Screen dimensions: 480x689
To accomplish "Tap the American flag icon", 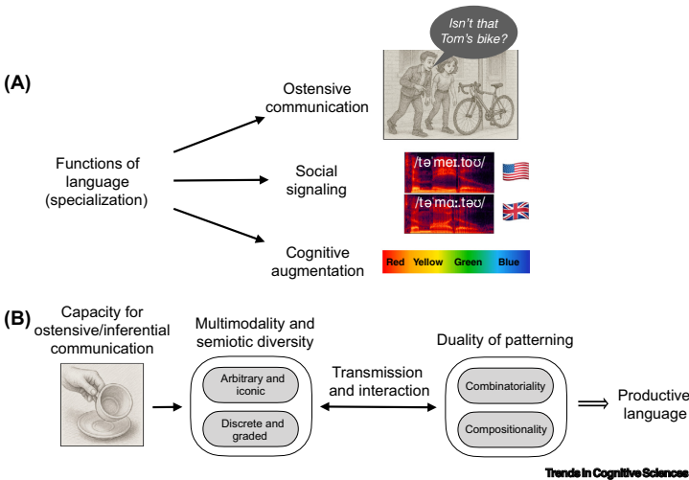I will click(x=516, y=172).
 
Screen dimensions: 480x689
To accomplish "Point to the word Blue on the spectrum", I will click(x=509, y=261).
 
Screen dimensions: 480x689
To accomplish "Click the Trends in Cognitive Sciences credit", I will click(x=615, y=472).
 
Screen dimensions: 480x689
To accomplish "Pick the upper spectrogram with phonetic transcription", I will click(x=448, y=171).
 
